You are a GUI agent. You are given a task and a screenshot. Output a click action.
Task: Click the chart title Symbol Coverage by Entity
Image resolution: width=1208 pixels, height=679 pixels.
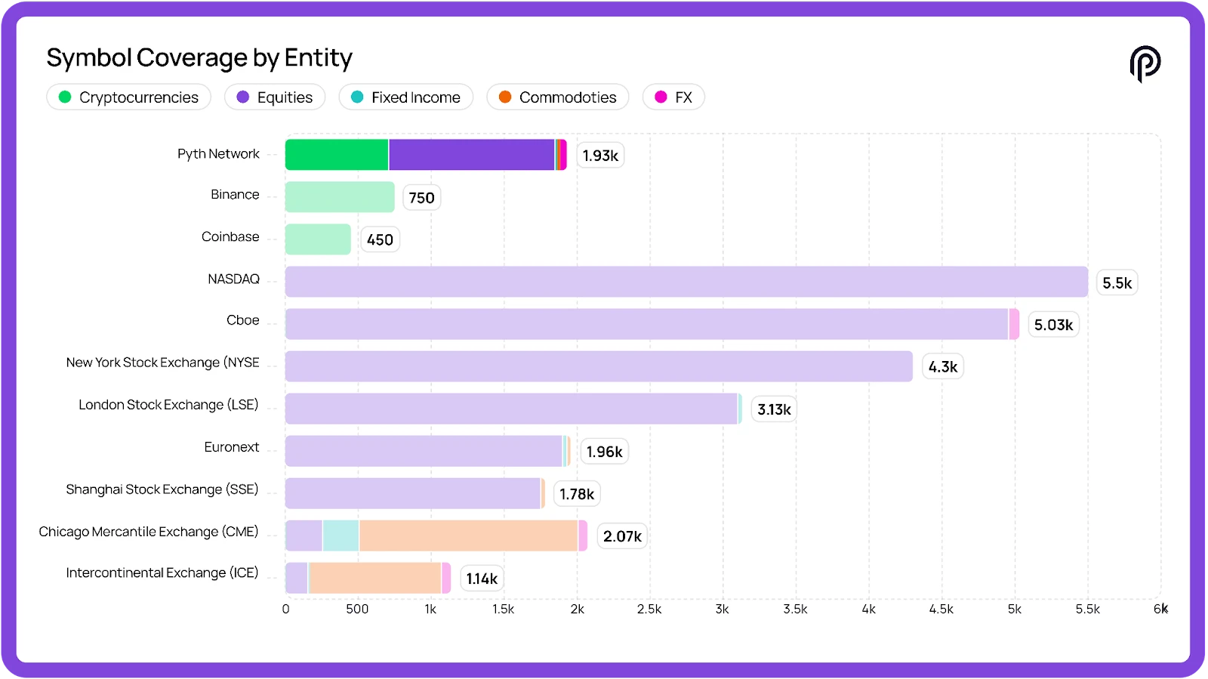[199, 58]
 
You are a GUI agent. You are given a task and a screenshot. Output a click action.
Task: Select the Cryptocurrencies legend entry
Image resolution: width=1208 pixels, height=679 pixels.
[128, 97]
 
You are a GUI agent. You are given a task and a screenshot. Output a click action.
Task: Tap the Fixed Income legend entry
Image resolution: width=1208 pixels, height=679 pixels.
[405, 97]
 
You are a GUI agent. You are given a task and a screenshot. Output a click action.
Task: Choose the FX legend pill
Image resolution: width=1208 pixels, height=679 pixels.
[673, 97]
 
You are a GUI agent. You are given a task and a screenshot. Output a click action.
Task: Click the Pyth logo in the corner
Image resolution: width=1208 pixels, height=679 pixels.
[1145, 63]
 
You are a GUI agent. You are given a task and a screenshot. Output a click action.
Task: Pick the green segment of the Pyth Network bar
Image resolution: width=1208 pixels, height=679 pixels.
[337, 155]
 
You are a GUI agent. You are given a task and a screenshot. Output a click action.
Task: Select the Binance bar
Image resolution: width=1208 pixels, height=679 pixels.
[340, 197]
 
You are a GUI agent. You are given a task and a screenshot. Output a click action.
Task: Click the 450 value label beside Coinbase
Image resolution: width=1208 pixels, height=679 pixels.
[380, 240]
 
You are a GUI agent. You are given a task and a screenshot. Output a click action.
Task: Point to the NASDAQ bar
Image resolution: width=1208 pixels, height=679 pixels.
[686, 282]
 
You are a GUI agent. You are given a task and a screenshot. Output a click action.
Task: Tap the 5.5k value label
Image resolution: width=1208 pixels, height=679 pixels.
[1117, 283]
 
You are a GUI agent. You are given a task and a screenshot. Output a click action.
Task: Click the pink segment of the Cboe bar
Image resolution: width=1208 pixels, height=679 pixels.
[1014, 324]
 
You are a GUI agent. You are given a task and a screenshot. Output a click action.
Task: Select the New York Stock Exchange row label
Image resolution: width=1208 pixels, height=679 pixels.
[162, 363]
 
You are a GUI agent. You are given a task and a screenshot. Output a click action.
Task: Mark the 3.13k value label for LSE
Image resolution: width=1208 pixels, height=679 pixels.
[774, 409]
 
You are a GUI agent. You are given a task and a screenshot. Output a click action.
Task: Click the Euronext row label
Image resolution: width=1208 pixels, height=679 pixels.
[231, 447]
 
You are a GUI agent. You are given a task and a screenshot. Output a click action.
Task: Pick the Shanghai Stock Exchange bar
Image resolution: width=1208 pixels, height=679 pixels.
[413, 493]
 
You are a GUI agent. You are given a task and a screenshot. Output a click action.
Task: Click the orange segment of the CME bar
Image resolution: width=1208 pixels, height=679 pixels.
[468, 535]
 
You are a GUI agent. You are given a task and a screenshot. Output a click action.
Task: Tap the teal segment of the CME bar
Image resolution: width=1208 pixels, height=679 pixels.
[341, 535]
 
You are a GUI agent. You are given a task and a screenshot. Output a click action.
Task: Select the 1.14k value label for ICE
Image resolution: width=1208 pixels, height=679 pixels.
[482, 579]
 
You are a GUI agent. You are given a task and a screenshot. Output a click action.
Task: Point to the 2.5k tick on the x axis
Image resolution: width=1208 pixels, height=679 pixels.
[649, 610]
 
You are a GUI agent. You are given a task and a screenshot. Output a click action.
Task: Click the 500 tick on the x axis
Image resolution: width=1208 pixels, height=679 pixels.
[357, 610]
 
